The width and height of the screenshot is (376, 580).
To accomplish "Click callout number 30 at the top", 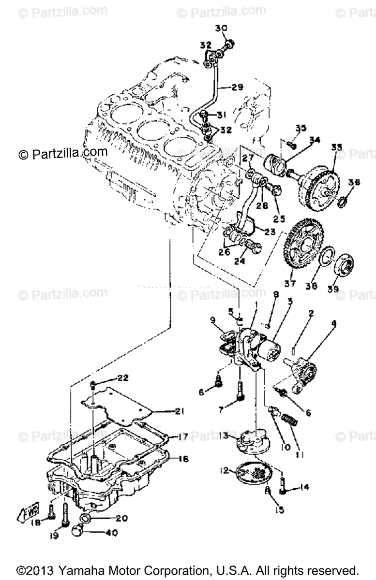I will pos(221,29).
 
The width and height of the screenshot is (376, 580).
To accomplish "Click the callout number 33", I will pos(336,147).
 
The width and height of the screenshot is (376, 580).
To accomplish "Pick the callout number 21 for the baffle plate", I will pos(180,412).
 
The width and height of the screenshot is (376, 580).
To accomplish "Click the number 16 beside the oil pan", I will pos(183,458).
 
